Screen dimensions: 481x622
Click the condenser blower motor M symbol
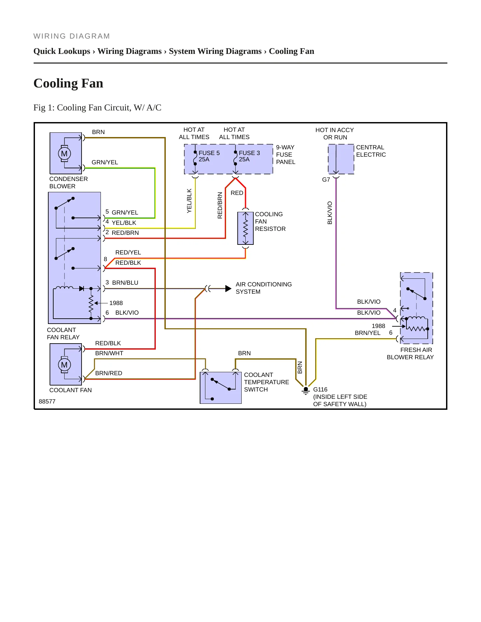pyautogui.click(x=64, y=154)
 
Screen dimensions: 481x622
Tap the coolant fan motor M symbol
pyautogui.click(x=64, y=365)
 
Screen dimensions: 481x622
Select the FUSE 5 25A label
pyautogui.click(x=209, y=156)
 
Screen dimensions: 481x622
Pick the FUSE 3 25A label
pyautogui.click(x=249, y=156)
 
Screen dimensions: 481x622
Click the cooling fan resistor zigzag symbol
pyautogui.click(x=246, y=228)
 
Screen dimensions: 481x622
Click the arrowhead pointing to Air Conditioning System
pyautogui.click(x=228, y=288)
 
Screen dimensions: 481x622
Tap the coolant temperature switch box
pyautogui.click(x=221, y=388)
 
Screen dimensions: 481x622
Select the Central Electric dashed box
pyautogui.click(x=341, y=159)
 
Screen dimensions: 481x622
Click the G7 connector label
pyautogui.click(x=326, y=180)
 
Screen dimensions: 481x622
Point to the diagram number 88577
pyautogui.click(x=47, y=401)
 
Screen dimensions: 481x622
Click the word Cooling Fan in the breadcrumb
pyautogui.click(x=291, y=51)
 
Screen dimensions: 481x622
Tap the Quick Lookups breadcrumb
pyautogui.click(x=62, y=51)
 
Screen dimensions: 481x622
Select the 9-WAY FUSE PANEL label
pyautogui.click(x=286, y=155)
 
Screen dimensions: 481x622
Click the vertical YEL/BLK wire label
pyautogui.click(x=189, y=201)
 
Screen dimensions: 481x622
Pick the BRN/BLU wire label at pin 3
pyautogui.click(x=125, y=283)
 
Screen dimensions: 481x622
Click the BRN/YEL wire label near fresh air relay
pyautogui.click(x=367, y=333)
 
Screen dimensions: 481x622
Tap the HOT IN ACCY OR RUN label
pyautogui.click(x=335, y=134)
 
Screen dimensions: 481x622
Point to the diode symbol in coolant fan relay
pyautogui.click(x=82, y=288)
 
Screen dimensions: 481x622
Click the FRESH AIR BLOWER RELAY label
pyautogui.click(x=410, y=354)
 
